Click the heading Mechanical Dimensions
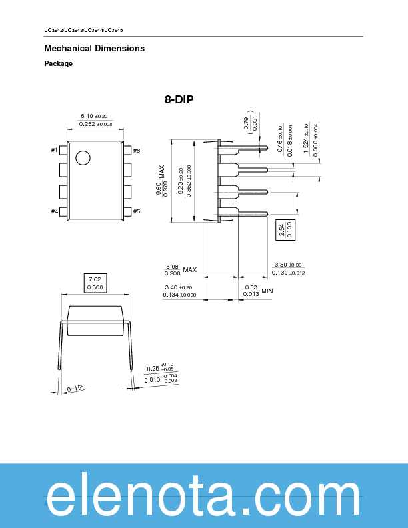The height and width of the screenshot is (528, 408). pyautogui.click(x=94, y=49)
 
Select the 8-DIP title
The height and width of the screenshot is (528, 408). pyautogui.click(x=179, y=100)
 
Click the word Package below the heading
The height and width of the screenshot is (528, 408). pyautogui.click(x=59, y=64)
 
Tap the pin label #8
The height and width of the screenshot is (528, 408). pyautogui.click(x=136, y=151)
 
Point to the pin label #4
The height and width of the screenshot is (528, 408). pyautogui.click(x=54, y=211)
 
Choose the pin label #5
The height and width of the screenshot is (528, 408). pyautogui.click(x=136, y=211)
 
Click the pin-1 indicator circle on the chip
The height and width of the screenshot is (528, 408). pyautogui.click(x=83, y=158)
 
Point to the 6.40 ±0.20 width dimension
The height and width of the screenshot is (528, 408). pyautogui.click(x=94, y=117)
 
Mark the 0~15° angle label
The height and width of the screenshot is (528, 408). pyautogui.click(x=75, y=388)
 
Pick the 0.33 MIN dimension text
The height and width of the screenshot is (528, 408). pyautogui.click(x=258, y=291)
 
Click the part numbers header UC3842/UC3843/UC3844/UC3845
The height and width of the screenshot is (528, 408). pyautogui.click(x=83, y=31)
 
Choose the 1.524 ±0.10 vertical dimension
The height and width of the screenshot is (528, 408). pyautogui.click(x=306, y=139)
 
